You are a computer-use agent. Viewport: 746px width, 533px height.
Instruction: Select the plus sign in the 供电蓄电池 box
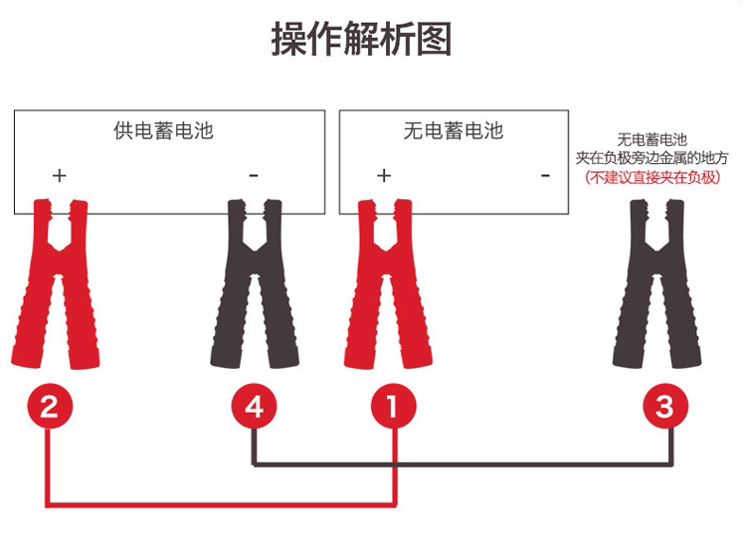(x=60, y=176)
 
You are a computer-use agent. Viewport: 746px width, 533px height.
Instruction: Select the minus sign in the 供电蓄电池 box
(x=254, y=176)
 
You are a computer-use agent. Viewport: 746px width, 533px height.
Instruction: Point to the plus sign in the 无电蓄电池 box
(x=384, y=176)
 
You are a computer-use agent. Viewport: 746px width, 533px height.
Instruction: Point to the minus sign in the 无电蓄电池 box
(x=545, y=176)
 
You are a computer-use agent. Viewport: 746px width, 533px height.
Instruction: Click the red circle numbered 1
(x=394, y=407)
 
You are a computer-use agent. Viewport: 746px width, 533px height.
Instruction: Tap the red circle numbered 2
(x=50, y=407)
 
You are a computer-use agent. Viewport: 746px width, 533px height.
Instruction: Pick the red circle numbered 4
(x=255, y=407)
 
